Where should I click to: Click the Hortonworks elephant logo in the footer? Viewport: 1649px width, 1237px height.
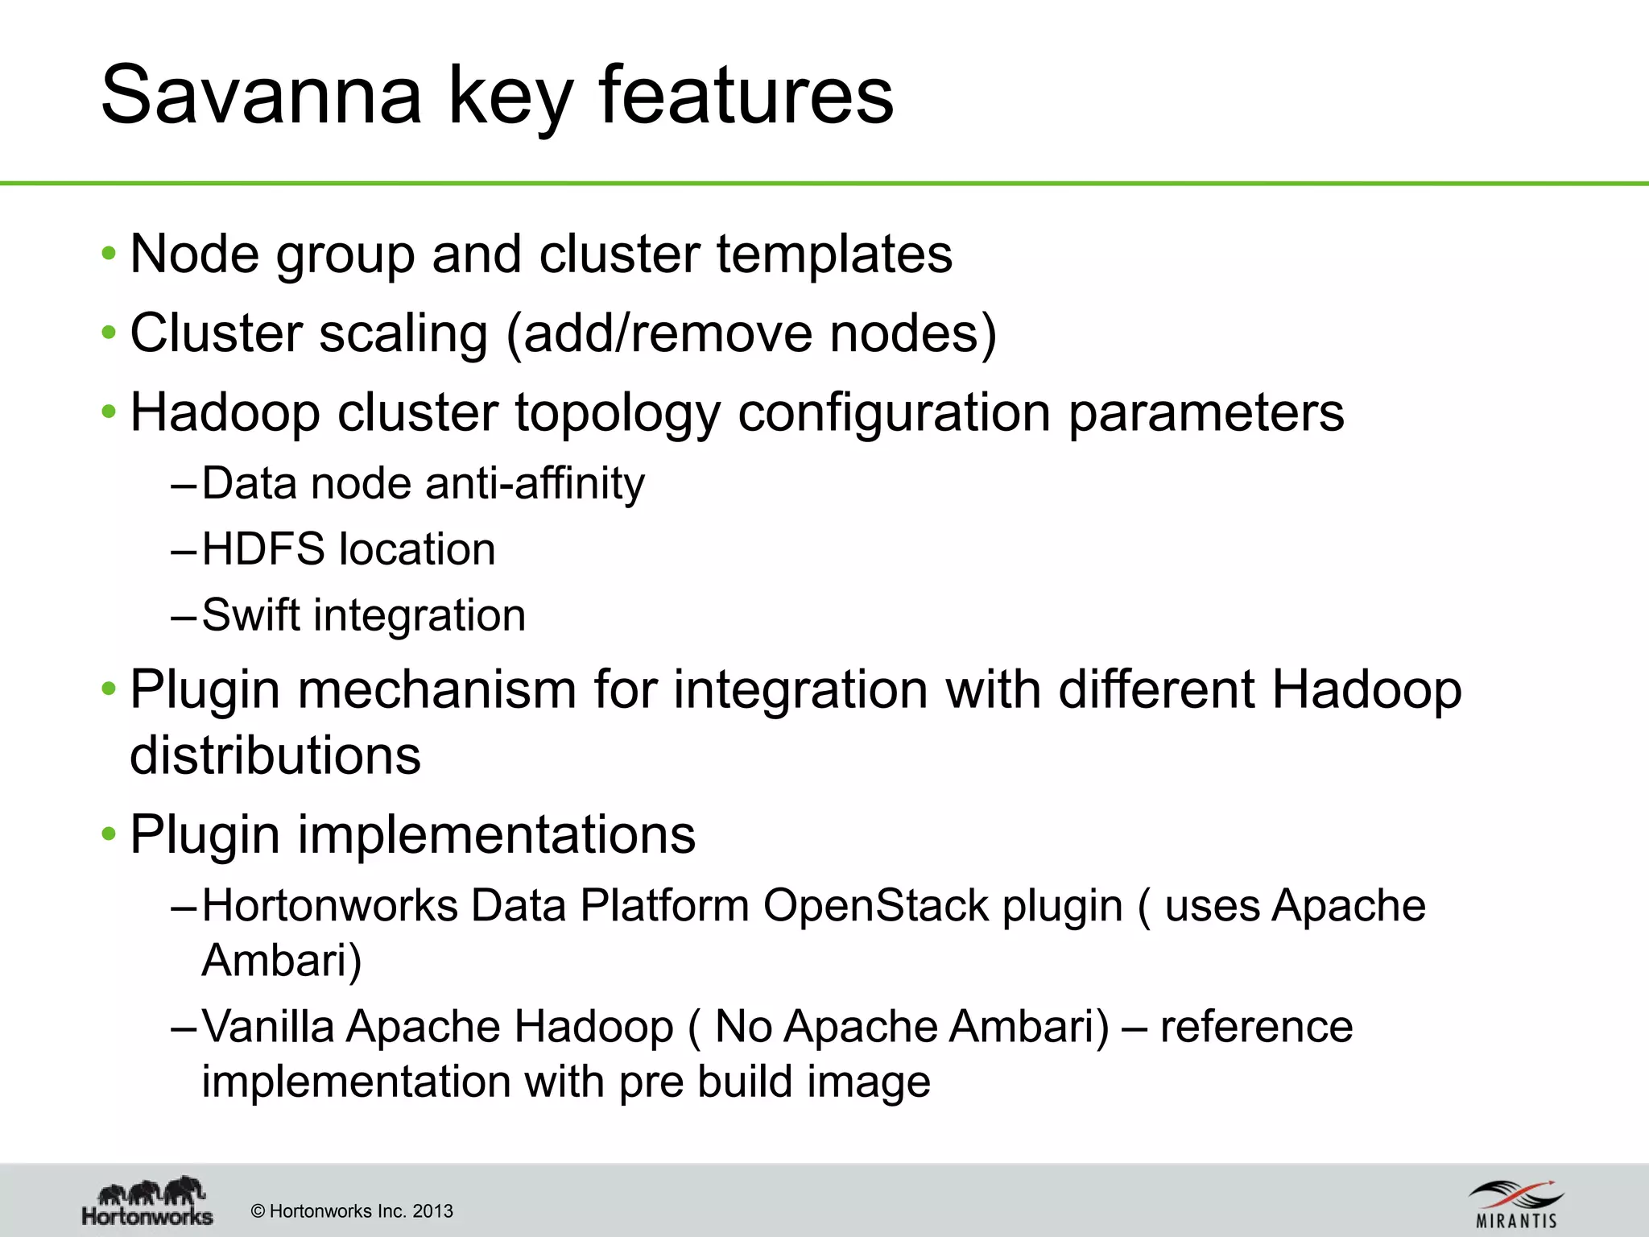coord(148,1201)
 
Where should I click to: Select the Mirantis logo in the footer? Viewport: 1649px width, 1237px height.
coord(1516,1204)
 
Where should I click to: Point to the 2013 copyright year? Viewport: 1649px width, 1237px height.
coord(432,1211)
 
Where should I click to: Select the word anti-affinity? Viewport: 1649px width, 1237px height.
coord(535,484)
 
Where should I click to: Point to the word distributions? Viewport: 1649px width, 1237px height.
coord(275,756)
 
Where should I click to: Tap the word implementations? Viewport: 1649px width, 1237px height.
coord(496,834)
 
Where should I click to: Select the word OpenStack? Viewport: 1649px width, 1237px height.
coord(875,906)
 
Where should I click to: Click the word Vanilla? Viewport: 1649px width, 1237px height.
coord(268,1027)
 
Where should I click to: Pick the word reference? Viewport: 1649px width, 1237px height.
coord(1256,1027)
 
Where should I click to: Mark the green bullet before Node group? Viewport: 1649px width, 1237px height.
coord(109,254)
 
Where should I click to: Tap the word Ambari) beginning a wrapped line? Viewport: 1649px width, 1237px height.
coord(282,961)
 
